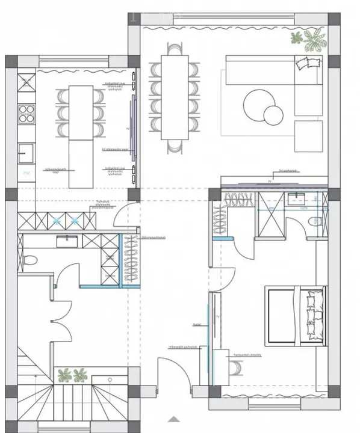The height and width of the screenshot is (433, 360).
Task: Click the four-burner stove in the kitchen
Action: (x=26, y=112)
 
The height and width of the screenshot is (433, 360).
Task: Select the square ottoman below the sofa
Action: (x=308, y=135)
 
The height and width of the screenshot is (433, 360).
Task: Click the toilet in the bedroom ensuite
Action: (x=317, y=223)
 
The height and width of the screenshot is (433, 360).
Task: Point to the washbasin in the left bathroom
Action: (x=66, y=241)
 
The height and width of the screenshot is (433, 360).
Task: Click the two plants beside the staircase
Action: (x=72, y=376)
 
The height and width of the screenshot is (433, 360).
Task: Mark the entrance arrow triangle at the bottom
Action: (x=173, y=419)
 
